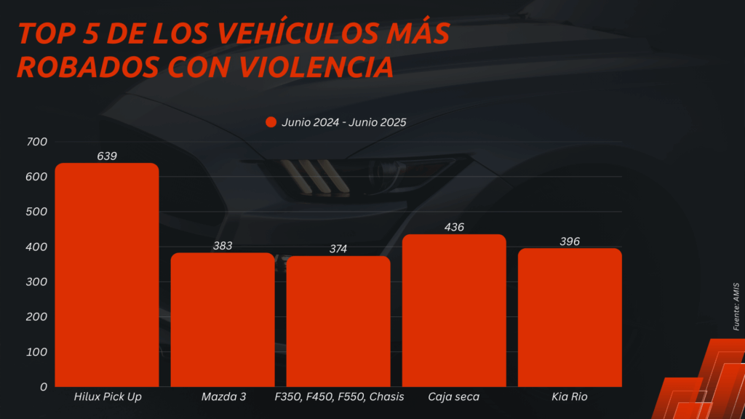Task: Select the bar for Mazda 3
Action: coord(223,320)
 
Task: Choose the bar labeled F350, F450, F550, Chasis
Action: coord(338,322)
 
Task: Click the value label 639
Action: coord(107,156)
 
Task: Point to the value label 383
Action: coord(223,246)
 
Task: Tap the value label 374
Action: coord(338,249)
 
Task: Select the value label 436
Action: coord(454,227)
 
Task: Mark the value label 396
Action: coord(570,241)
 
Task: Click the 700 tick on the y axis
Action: coord(36,142)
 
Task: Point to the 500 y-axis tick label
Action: coord(36,212)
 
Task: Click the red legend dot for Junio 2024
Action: coord(271,122)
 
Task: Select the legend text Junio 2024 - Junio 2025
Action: coord(344,122)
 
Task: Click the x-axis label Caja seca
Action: coord(454,397)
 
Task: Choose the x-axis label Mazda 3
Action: coord(223,397)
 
